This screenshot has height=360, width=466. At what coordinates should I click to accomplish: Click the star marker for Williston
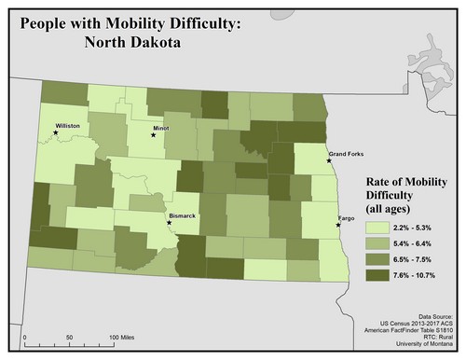(x=55, y=133)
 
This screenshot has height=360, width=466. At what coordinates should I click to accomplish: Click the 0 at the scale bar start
(x=25, y=336)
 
